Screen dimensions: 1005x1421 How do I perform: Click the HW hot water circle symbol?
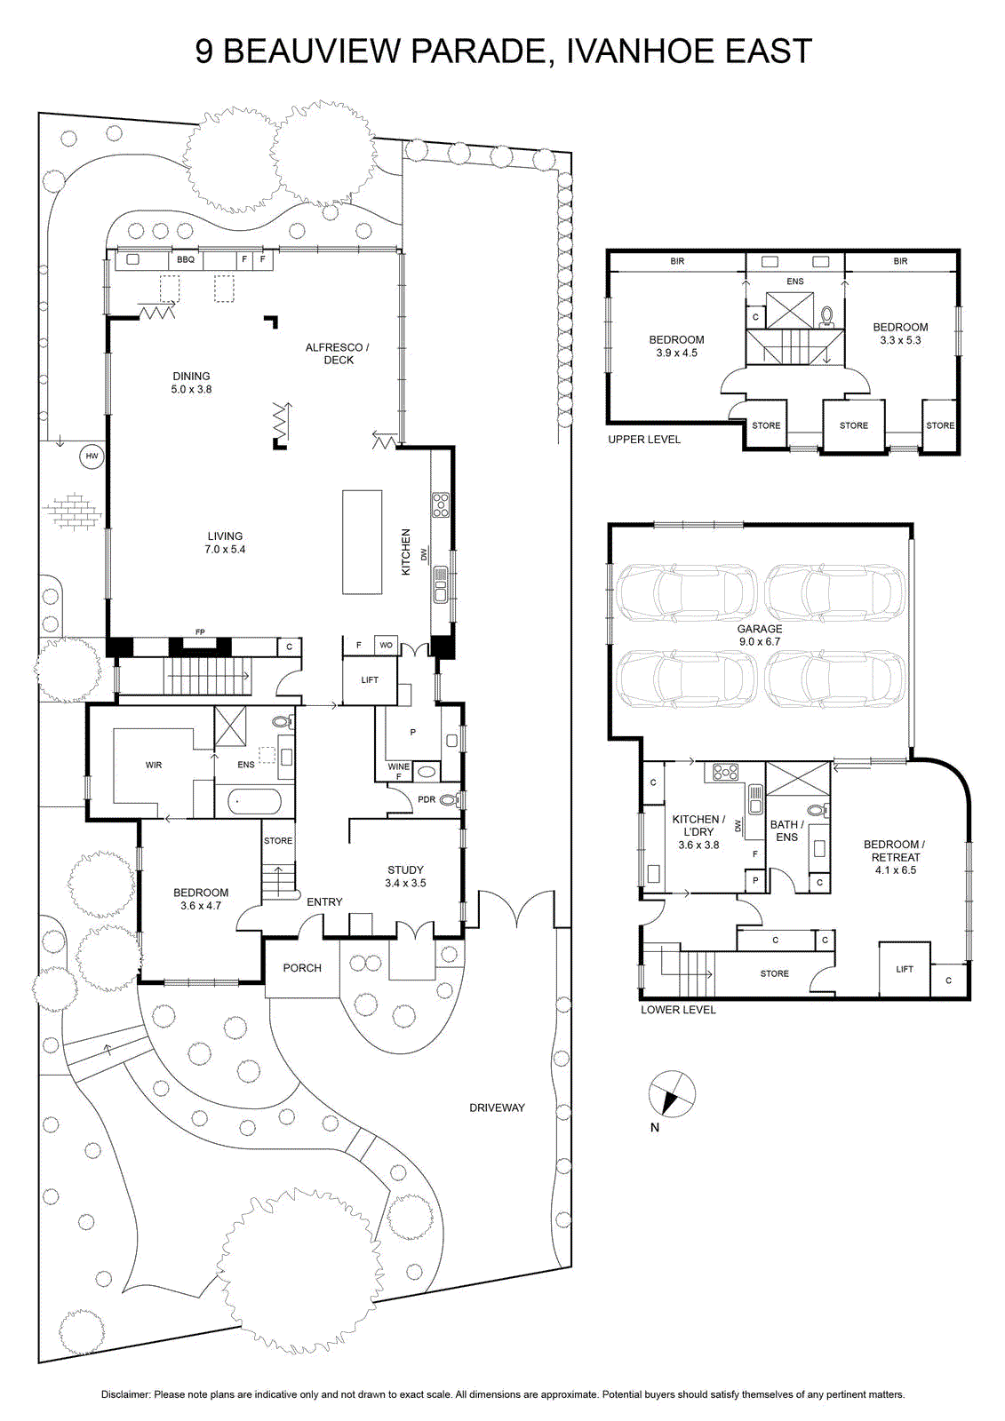point(92,456)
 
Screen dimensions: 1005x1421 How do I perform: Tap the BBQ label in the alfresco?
point(186,259)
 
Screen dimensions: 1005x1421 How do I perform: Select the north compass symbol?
point(672,1094)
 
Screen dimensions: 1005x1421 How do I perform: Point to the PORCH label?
point(302,967)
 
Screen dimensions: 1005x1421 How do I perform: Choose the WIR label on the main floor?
point(154,765)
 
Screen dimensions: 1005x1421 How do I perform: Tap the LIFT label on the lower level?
point(905,969)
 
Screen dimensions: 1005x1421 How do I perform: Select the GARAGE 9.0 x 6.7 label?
point(760,635)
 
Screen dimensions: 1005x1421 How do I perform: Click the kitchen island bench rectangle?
point(363,542)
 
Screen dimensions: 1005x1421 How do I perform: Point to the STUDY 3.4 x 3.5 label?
point(405,876)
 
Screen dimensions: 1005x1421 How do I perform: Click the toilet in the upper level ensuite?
point(827,316)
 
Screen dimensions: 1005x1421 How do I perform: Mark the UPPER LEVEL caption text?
point(643,439)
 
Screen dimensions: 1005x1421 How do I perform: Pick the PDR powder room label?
point(427,799)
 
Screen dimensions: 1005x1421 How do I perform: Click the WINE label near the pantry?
point(399,766)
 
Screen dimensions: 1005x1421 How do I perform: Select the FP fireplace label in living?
point(200,631)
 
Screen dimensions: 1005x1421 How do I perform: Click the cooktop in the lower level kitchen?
point(726,772)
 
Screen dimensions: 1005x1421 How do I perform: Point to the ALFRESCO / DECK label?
point(337,353)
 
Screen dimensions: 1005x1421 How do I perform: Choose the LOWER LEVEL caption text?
point(678,1009)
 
